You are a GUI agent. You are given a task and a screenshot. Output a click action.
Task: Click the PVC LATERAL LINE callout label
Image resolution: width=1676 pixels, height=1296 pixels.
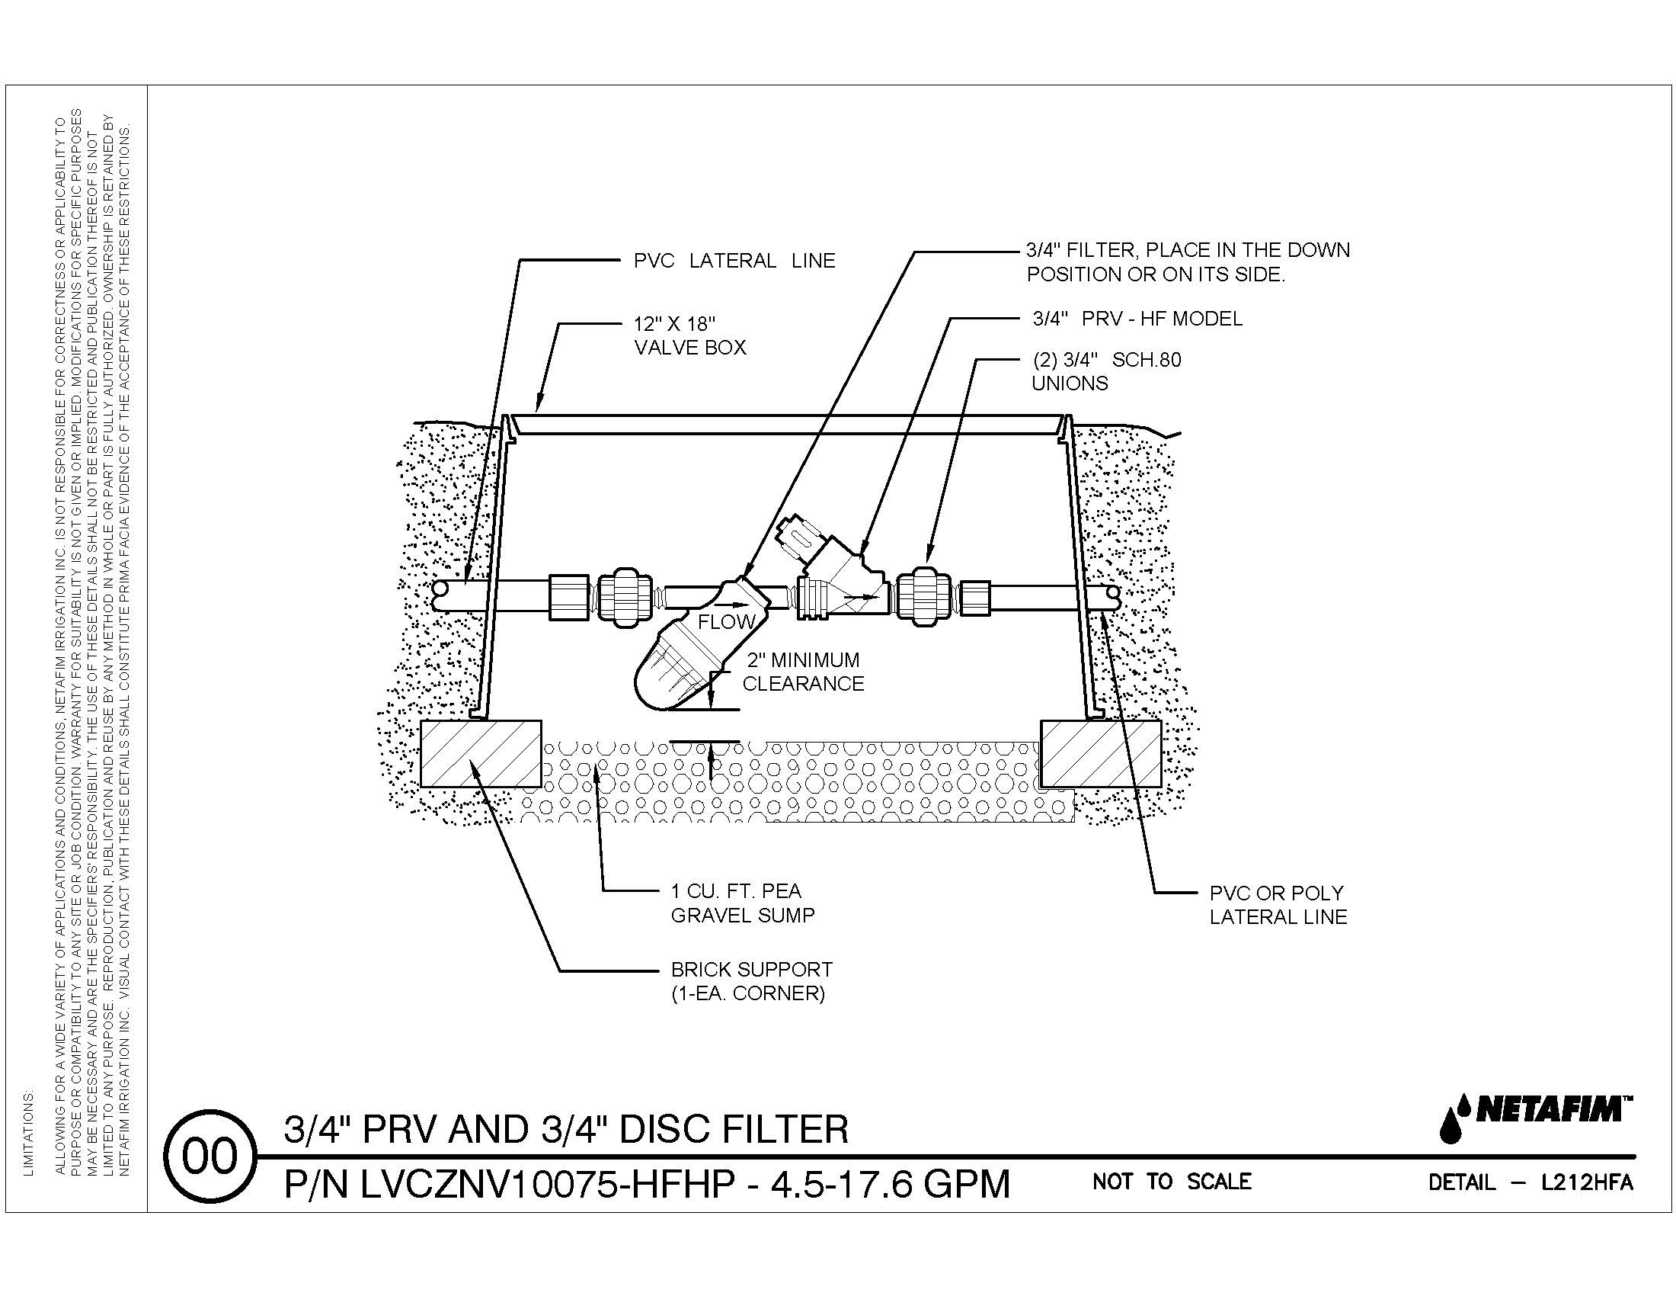pos(734,261)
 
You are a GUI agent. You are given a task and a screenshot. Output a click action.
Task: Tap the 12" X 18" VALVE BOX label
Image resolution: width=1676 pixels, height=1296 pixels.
pos(689,336)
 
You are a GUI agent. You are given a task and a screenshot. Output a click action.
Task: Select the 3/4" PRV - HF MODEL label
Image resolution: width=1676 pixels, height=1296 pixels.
pos(1137,319)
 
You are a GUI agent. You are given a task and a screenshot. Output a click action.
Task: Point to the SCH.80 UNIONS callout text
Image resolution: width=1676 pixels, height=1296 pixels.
pos(1106,371)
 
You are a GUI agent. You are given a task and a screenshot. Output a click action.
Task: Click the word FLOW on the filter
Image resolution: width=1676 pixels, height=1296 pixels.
pos(726,621)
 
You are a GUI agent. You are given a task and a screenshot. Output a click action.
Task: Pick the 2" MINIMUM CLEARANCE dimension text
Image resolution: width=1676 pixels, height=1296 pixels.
pos(803,672)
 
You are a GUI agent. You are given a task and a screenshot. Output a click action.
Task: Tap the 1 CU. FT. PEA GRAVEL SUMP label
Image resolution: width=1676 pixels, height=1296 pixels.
pos(742,903)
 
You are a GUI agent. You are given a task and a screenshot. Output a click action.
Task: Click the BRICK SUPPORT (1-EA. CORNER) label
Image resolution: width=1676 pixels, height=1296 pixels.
pos(751,981)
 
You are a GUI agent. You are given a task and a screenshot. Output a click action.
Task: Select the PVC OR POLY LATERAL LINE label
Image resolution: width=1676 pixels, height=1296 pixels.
pos(1278,905)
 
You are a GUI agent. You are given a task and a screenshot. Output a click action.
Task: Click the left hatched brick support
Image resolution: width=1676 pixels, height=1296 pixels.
pos(481,754)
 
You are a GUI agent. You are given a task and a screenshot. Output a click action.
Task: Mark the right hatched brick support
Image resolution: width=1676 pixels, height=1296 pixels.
pos(1099,754)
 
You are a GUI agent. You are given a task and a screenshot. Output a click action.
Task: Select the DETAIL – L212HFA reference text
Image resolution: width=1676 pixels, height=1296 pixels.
pos(1530,1183)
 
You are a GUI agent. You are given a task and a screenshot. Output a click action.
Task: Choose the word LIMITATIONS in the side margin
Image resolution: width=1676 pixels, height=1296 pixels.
pos(29,1133)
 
